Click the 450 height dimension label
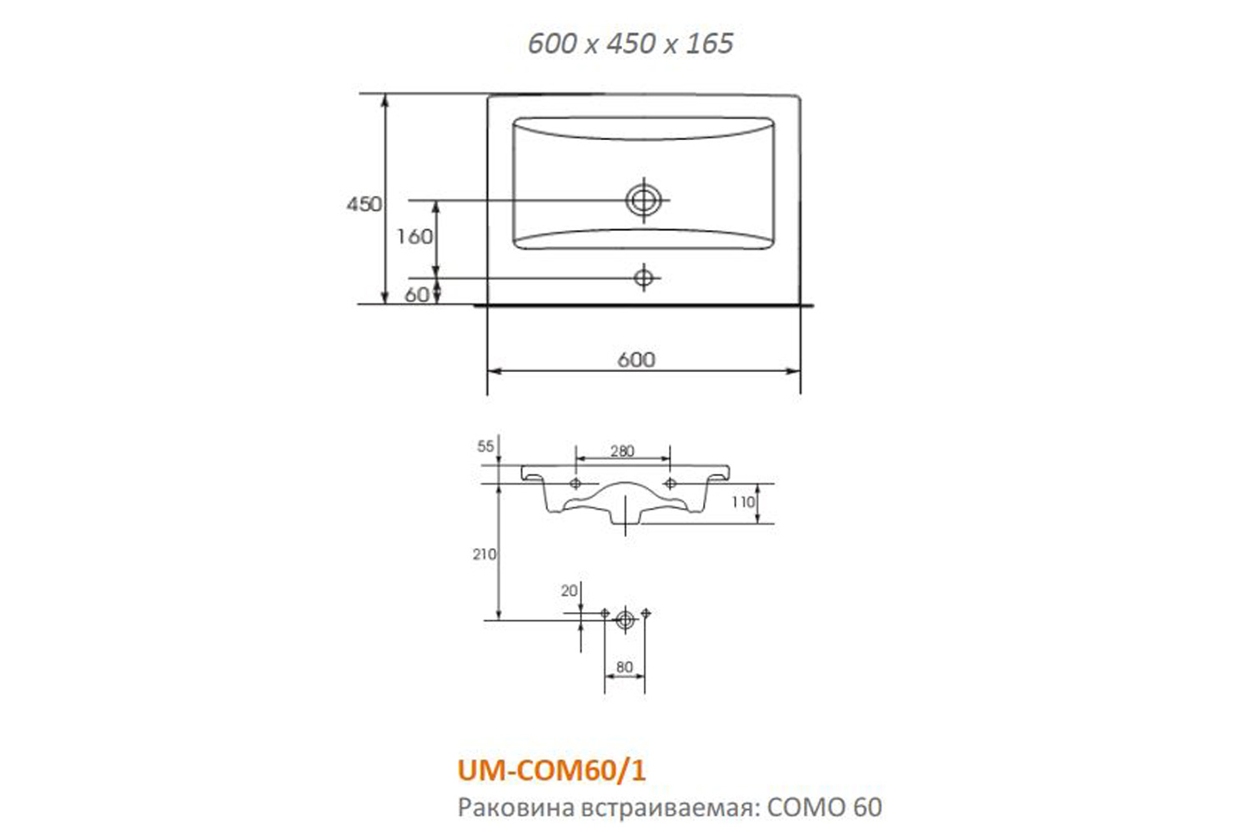click(364, 204)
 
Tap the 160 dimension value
click(414, 237)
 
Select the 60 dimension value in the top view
click(417, 294)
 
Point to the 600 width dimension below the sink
click(636, 359)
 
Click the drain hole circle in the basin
click(643, 200)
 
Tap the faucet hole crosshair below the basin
click(643, 278)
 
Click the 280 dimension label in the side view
click(622, 451)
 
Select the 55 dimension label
click(485, 446)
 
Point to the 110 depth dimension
click(743, 502)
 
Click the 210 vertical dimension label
click(485, 554)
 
